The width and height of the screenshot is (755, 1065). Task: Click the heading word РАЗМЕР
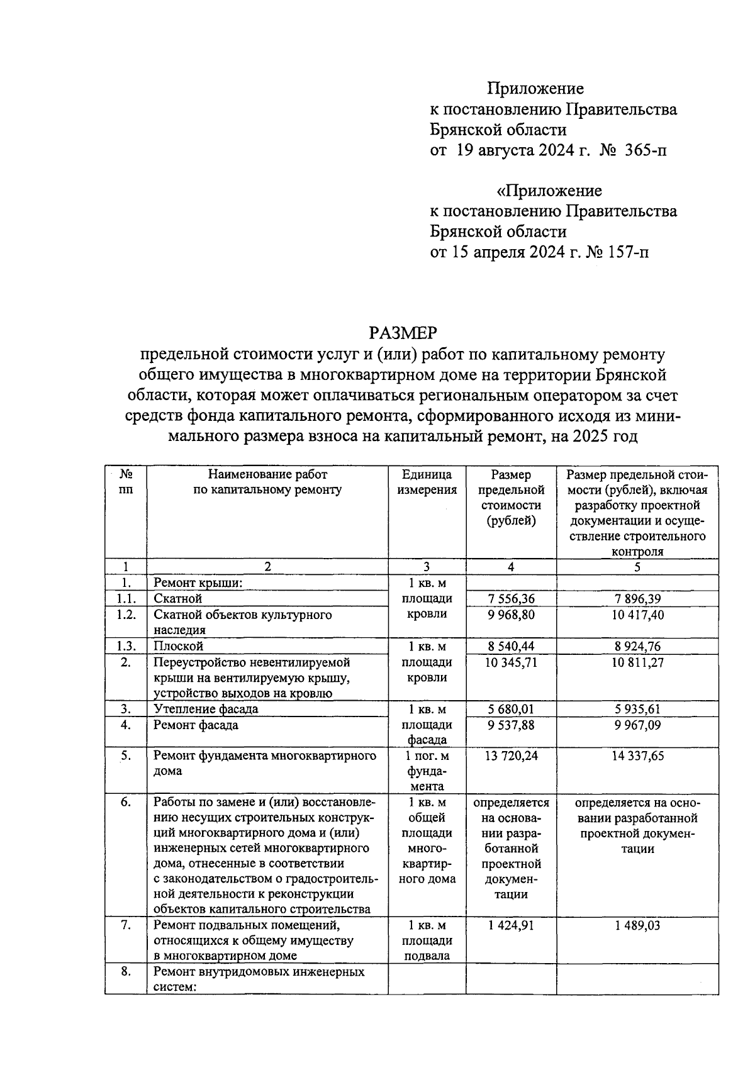click(x=403, y=332)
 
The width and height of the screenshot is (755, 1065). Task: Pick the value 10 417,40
click(x=637, y=615)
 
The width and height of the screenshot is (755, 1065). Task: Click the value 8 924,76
click(x=637, y=646)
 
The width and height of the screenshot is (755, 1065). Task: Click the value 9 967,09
click(x=637, y=725)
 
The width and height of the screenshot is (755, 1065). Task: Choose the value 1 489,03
click(x=637, y=925)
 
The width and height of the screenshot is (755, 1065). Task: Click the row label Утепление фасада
click(x=206, y=709)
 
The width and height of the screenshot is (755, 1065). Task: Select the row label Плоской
click(x=179, y=646)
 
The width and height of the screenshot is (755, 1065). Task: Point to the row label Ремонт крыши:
click(x=198, y=583)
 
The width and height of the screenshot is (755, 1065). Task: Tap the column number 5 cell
click(x=637, y=567)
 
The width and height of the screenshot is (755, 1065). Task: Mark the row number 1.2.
click(x=126, y=615)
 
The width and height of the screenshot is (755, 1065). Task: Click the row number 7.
click(x=126, y=925)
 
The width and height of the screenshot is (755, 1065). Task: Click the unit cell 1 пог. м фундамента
click(x=427, y=771)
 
